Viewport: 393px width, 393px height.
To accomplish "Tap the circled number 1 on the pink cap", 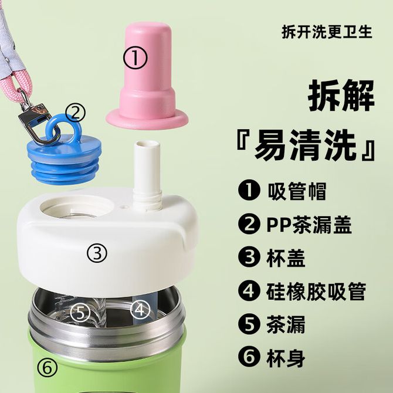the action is (135, 58).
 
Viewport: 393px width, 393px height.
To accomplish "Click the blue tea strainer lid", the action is (64, 153).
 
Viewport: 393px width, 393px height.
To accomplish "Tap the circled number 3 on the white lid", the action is (97, 253).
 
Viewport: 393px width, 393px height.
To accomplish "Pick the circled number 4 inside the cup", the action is (140, 310).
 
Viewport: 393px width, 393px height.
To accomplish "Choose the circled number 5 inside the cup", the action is (80, 312).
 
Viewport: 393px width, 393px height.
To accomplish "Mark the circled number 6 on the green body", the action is (47, 368).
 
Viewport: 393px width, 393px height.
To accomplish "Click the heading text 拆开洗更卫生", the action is (327, 32).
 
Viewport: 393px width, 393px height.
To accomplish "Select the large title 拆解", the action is (341, 96).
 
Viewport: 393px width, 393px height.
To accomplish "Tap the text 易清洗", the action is (306, 145).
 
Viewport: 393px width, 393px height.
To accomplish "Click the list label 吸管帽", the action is (297, 191).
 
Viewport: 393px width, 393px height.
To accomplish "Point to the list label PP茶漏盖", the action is (309, 225).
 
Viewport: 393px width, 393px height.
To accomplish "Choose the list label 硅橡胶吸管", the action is (316, 292).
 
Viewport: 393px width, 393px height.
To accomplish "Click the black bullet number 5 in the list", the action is (248, 324).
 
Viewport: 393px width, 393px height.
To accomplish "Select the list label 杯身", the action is (286, 358).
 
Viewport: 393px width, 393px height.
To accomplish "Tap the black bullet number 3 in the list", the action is (248, 258).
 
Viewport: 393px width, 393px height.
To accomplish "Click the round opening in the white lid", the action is (77, 206).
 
